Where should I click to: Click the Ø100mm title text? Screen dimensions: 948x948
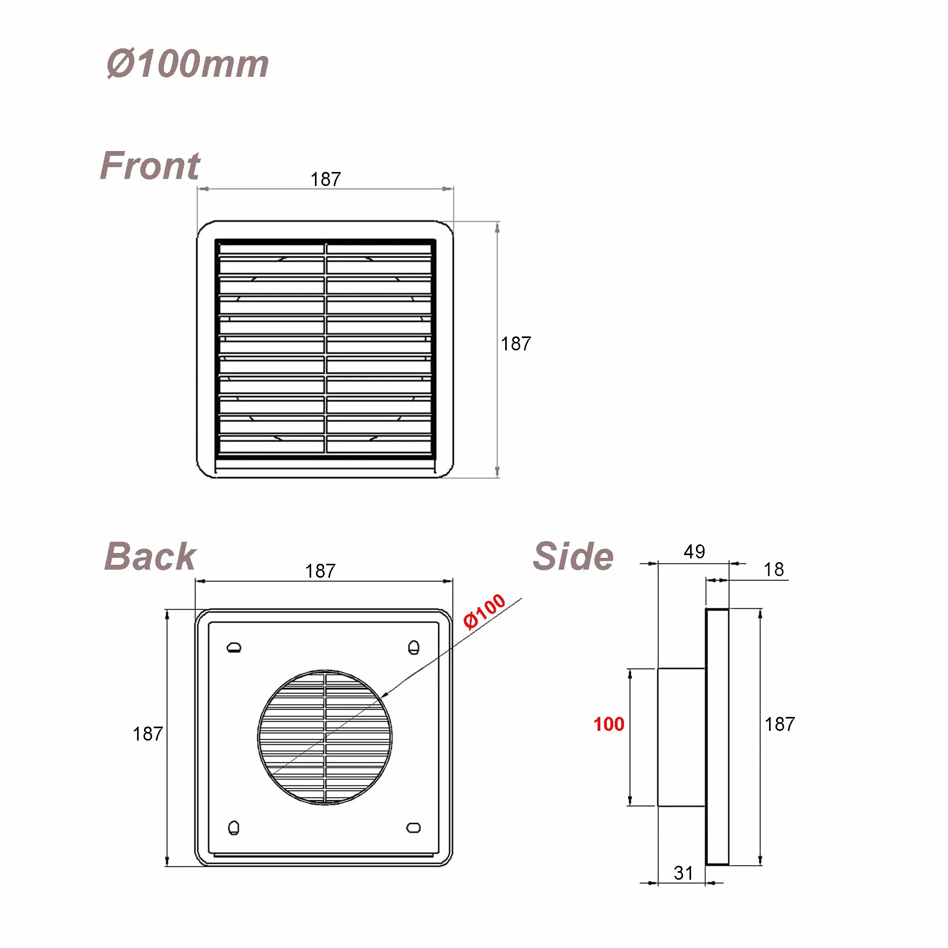coord(188,64)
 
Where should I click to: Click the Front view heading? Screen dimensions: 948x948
coord(150,166)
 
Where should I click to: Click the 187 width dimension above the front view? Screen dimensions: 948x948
coord(326,179)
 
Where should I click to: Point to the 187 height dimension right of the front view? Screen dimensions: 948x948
coord(516,343)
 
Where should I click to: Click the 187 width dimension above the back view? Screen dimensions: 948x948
coord(320,571)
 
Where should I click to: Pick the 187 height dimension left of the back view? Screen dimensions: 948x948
coord(148,734)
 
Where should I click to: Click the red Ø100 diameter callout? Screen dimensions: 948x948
coord(485,611)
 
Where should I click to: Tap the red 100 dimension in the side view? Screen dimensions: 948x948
coord(609,724)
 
